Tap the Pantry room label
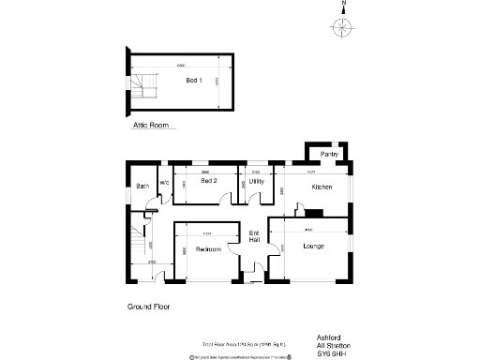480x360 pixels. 329,153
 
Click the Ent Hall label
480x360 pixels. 254,236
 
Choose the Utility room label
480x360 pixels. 256,180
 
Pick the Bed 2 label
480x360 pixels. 209,180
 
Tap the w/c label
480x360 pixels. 163,182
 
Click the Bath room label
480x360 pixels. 142,186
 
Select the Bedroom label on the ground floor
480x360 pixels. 208,249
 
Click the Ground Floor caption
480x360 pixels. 148,307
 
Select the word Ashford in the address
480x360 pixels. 327,335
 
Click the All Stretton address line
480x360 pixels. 332,344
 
